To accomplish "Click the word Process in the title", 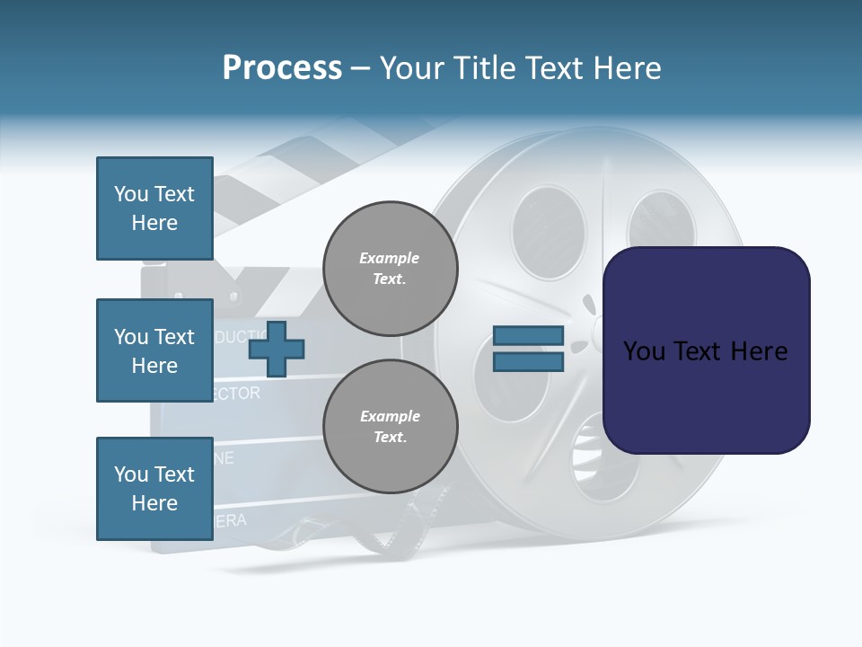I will click(x=282, y=68).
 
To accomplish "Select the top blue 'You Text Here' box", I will click(x=154, y=208).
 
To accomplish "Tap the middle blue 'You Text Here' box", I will click(x=154, y=350).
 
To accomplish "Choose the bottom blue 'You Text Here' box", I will click(x=154, y=489).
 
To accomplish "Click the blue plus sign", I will click(x=276, y=349).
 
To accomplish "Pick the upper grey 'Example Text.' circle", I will click(x=390, y=269).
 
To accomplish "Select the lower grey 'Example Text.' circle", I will click(x=390, y=427).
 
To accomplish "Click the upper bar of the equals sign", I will click(x=528, y=335).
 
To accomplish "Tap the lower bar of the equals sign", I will click(x=528, y=362).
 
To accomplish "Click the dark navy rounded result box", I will click(x=706, y=350).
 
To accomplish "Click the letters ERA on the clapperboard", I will click(x=230, y=520).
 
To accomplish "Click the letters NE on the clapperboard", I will click(x=224, y=458).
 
